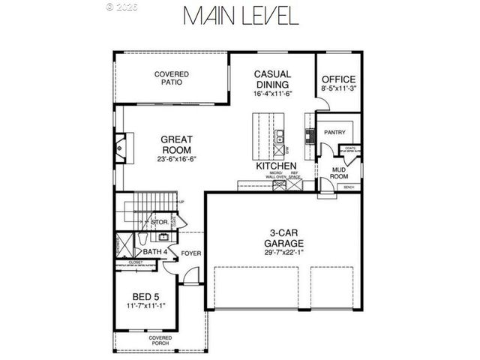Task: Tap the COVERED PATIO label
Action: tap(172, 79)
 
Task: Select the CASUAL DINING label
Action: tap(272, 79)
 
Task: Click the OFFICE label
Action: tap(338, 79)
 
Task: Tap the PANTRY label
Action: tap(334, 133)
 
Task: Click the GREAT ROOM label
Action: tap(178, 145)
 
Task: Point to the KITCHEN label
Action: tap(276, 166)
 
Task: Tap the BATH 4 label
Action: tap(154, 252)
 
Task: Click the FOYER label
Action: tap(191, 253)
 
